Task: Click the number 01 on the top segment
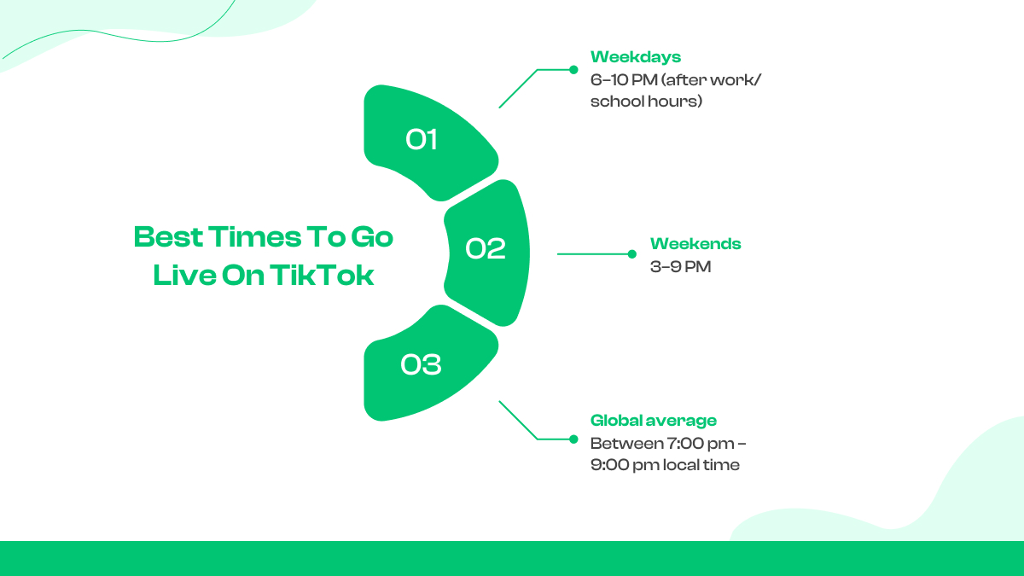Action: pyautogui.click(x=422, y=139)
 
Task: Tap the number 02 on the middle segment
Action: pyautogui.click(x=486, y=248)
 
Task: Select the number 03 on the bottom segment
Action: pyautogui.click(x=422, y=364)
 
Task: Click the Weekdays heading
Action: pyautogui.click(x=635, y=57)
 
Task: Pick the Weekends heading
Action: pyautogui.click(x=695, y=244)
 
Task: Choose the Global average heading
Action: pyautogui.click(x=653, y=420)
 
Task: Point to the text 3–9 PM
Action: pyautogui.click(x=680, y=267)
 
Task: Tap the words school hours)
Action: pyautogui.click(x=646, y=102)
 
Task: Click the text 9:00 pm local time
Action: pyautogui.click(x=665, y=465)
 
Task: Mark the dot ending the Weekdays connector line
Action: pyautogui.click(x=574, y=70)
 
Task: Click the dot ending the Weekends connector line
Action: pyautogui.click(x=632, y=254)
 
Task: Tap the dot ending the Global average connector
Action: pyautogui.click(x=574, y=439)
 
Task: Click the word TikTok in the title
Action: pyautogui.click(x=323, y=276)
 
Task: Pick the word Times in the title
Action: pyautogui.click(x=243, y=236)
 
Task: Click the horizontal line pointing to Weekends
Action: pyautogui.click(x=593, y=254)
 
